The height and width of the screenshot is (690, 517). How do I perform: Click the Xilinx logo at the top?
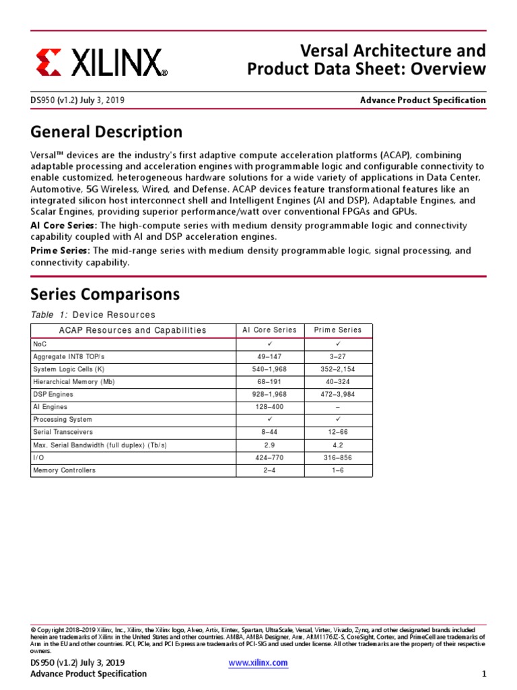(101, 63)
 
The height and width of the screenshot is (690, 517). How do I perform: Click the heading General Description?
(106, 131)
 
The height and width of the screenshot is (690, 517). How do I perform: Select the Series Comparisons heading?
(105, 294)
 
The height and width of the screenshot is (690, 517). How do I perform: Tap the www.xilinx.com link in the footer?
(258, 662)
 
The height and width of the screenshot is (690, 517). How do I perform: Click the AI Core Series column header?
(269, 330)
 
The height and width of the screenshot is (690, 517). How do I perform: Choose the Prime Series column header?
(338, 330)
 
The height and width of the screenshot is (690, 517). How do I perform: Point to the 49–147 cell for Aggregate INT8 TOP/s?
(269, 356)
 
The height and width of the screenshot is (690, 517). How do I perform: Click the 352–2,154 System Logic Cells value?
(338, 369)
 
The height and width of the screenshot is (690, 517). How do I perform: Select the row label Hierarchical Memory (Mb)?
(74, 382)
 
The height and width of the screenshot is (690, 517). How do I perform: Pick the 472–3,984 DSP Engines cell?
(338, 395)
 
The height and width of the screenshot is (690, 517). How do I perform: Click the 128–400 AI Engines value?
(269, 408)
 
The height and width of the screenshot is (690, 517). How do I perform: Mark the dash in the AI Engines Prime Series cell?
(338, 408)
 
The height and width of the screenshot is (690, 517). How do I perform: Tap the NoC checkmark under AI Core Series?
(269, 344)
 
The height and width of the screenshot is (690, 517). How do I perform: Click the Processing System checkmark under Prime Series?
(338, 419)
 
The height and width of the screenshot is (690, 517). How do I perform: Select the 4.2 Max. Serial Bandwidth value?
(338, 445)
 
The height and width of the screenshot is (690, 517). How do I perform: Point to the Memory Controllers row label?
(64, 470)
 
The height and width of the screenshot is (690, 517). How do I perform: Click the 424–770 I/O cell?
(269, 458)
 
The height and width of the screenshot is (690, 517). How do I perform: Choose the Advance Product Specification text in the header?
(423, 100)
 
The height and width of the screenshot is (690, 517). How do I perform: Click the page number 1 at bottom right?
(483, 674)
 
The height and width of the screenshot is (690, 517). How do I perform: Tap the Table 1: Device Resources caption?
(93, 315)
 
